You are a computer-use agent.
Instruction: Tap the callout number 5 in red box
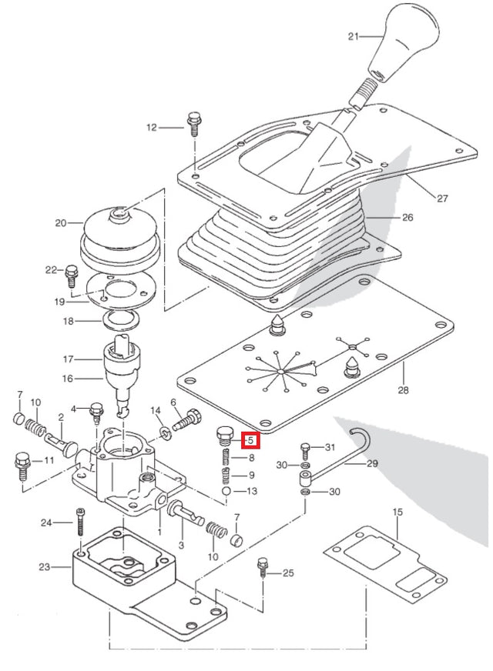click(250, 441)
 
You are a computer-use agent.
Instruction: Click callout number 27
click(442, 199)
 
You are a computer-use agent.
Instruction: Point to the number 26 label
click(407, 218)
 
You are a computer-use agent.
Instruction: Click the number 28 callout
click(403, 391)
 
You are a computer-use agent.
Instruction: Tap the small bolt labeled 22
click(72, 272)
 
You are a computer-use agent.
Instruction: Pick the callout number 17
click(68, 359)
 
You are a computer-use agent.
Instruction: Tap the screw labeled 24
click(79, 523)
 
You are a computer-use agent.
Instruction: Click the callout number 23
click(44, 567)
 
